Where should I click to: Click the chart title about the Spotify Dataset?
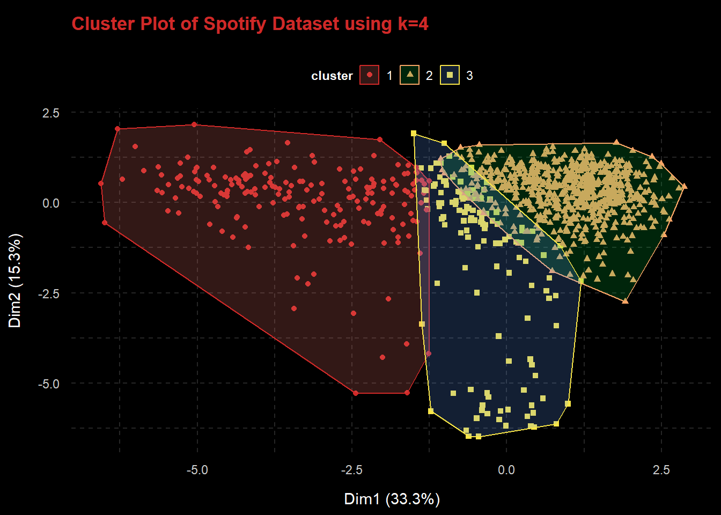(x=250, y=24)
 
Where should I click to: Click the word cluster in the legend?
(x=332, y=76)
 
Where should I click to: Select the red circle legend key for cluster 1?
(x=370, y=75)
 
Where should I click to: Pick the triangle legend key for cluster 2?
(x=410, y=75)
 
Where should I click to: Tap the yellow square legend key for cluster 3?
(x=450, y=75)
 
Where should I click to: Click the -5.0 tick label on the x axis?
(x=197, y=470)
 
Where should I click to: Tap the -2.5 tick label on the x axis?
(x=351, y=470)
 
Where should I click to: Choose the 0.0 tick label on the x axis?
(x=506, y=470)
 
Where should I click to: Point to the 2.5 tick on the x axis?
(x=661, y=470)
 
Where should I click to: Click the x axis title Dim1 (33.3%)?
(x=392, y=499)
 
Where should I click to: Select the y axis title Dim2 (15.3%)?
(x=15, y=280)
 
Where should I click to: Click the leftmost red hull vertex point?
(x=101, y=183)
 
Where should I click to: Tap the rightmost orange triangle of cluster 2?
(x=684, y=187)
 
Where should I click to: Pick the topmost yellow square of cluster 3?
(x=414, y=133)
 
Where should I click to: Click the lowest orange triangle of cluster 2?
(x=625, y=301)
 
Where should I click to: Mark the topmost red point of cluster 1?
(x=194, y=124)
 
